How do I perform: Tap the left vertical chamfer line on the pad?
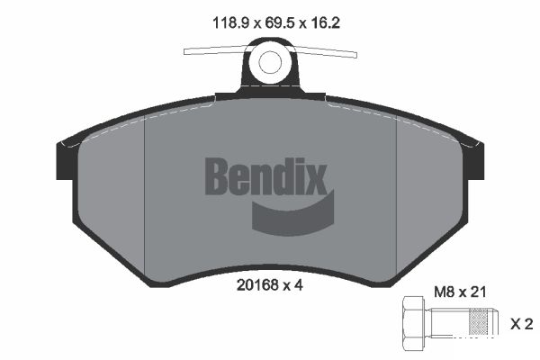coord(145,189)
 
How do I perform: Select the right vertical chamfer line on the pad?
coord(397,189)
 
